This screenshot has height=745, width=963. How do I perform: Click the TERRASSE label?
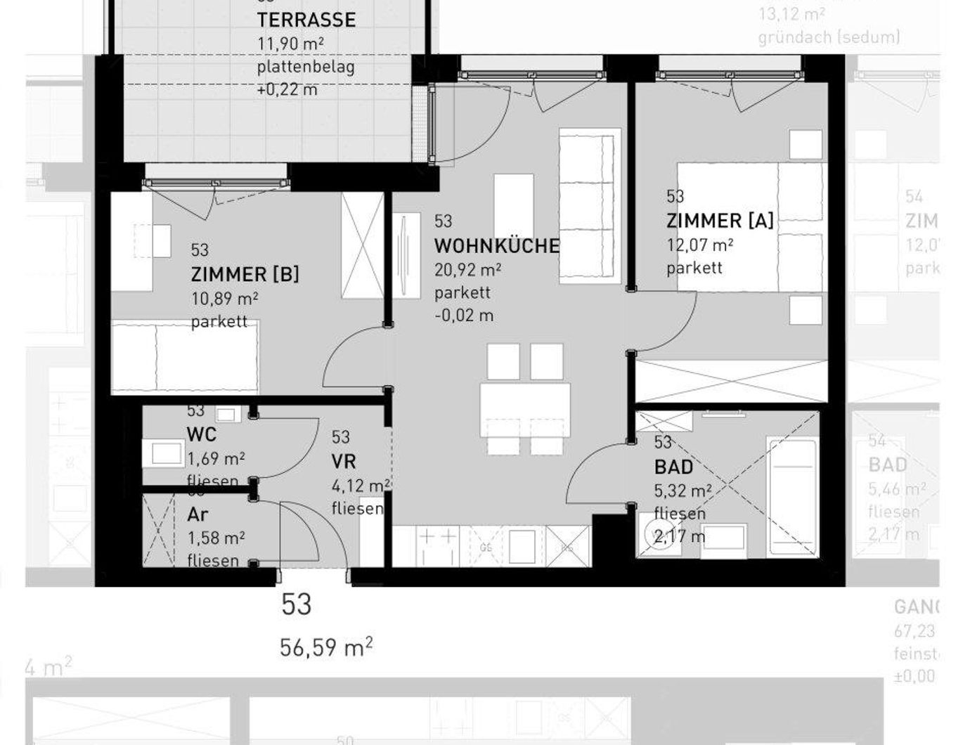(x=306, y=19)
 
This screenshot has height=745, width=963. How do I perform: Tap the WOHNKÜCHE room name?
(x=496, y=246)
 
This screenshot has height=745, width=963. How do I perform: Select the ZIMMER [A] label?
(x=720, y=221)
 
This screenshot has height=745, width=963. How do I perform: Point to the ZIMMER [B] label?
(x=245, y=274)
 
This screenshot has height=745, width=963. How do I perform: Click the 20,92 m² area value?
(x=467, y=270)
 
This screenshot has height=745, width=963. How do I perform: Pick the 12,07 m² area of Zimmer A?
(x=700, y=245)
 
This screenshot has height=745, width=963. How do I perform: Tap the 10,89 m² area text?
(x=224, y=299)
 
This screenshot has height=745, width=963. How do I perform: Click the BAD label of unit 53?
(x=673, y=467)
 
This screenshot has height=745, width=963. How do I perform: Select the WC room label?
(x=201, y=434)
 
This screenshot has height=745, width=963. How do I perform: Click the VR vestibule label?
(x=344, y=462)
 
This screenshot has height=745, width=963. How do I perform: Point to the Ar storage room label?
(x=198, y=514)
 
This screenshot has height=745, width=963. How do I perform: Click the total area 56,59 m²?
(x=326, y=647)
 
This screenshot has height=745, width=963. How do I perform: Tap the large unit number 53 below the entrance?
(x=296, y=604)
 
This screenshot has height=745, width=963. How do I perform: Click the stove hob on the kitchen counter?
(x=437, y=546)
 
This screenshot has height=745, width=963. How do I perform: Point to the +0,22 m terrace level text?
(x=287, y=90)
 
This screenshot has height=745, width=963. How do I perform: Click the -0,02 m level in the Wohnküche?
(x=464, y=316)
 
